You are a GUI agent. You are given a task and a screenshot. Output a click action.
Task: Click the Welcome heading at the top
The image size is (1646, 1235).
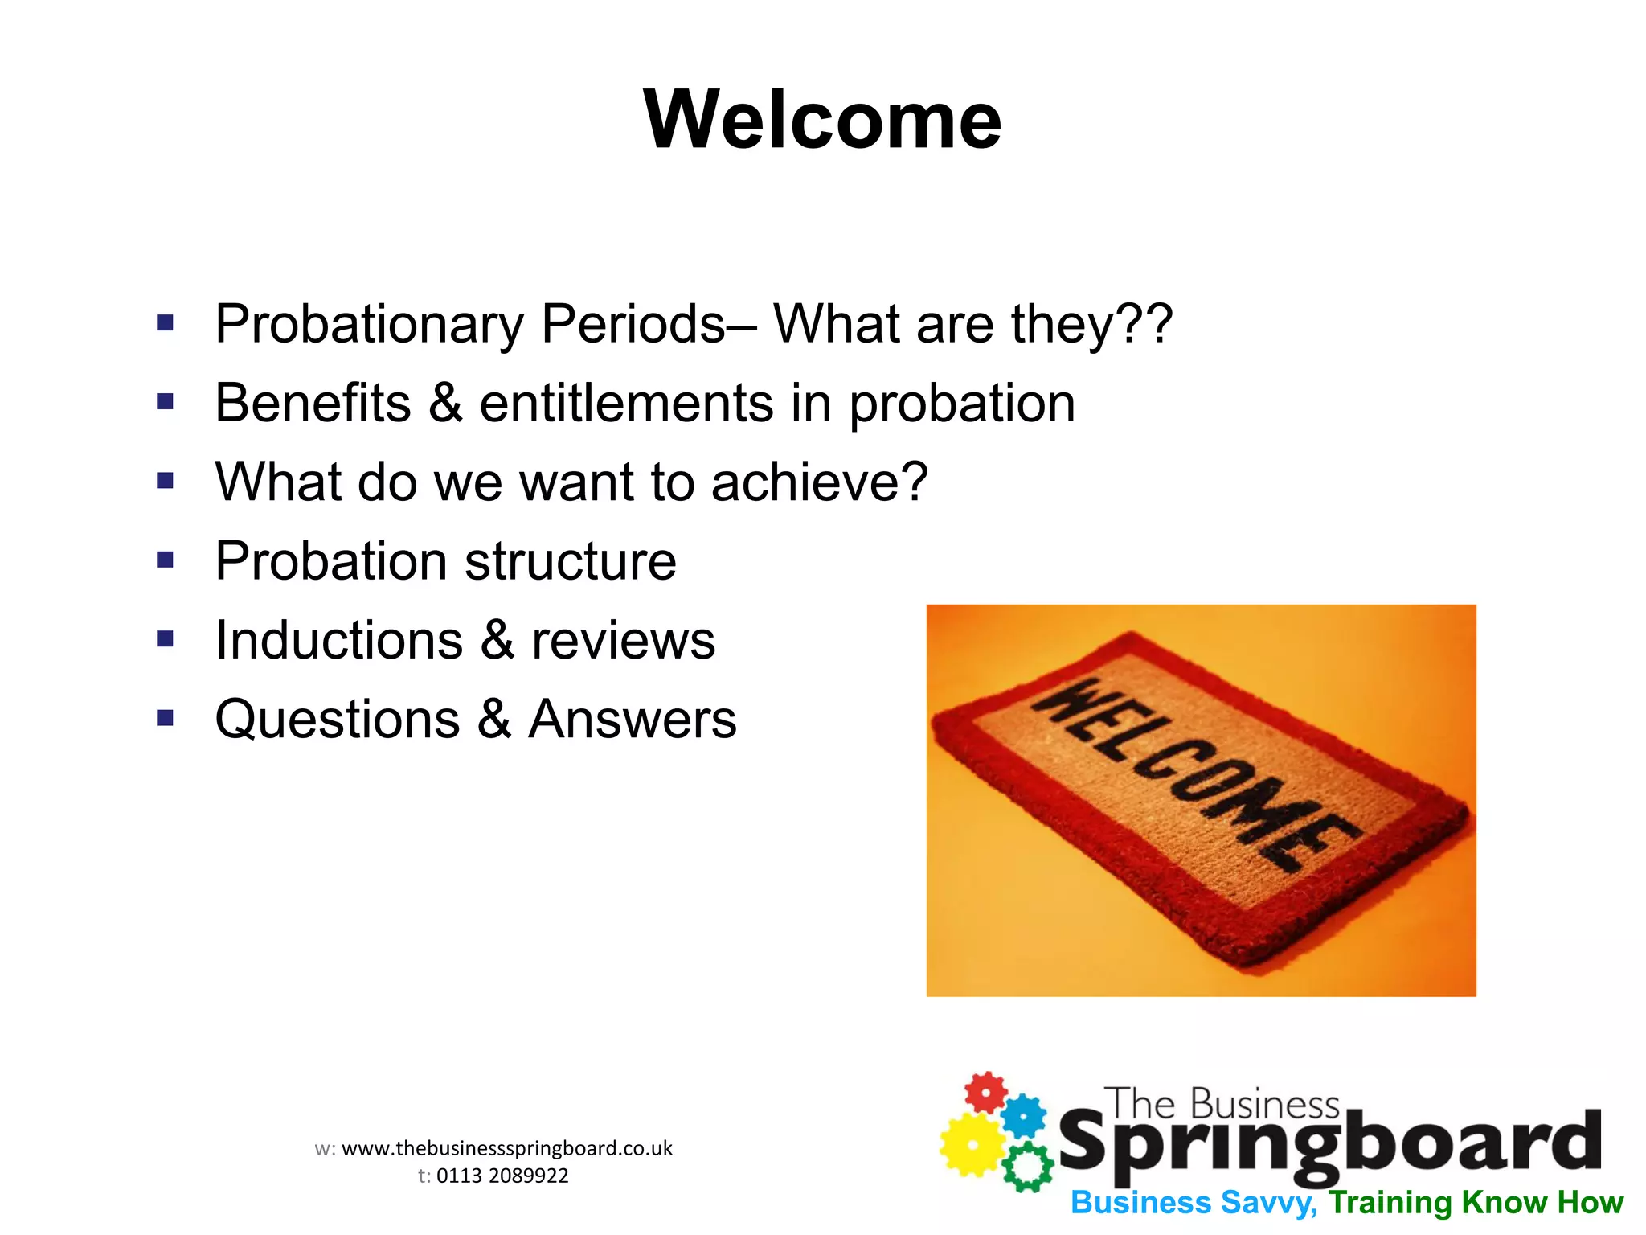click(822, 121)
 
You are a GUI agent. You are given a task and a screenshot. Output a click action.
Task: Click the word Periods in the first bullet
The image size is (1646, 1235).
click(633, 324)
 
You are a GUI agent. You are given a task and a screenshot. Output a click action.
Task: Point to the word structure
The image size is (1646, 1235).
click(570, 561)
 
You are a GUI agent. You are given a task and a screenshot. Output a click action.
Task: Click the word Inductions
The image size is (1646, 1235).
click(338, 641)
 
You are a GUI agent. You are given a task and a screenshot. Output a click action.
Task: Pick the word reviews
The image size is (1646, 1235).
click(623, 641)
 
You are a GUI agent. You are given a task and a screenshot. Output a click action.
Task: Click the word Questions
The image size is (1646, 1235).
click(338, 719)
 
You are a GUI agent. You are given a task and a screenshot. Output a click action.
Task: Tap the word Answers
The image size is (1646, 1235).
click(632, 719)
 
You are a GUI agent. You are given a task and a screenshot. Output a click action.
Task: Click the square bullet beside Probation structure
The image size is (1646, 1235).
click(166, 559)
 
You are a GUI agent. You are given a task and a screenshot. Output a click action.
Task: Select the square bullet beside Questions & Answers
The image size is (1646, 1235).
click(166, 717)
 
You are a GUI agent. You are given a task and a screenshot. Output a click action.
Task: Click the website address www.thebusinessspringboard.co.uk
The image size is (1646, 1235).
click(507, 1148)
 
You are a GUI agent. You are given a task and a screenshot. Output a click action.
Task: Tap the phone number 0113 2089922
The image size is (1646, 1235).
click(502, 1176)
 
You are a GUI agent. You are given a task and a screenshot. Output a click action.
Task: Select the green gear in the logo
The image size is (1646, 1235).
click(1027, 1167)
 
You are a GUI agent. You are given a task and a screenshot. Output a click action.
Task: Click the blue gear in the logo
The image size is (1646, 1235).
click(1025, 1116)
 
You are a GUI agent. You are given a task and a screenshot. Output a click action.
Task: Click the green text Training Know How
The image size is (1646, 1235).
click(1476, 1203)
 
